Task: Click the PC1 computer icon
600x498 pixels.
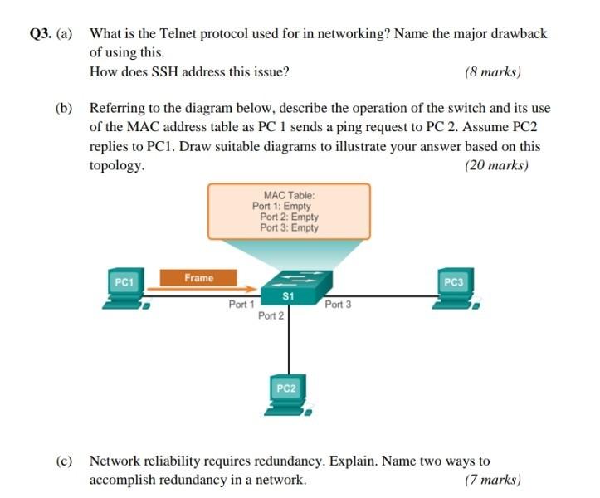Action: pyautogui.click(x=125, y=289)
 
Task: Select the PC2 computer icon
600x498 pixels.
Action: pyautogui.click(x=286, y=394)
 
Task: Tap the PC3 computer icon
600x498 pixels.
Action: pyautogui.click(x=453, y=289)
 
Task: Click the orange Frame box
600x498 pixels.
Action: pyautogui.click(x=198, y=278)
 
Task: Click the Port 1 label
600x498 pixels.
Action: pyautogui.click(x=241, y=305)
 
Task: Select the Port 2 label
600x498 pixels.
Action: pyautogui.click(x=271, y=316)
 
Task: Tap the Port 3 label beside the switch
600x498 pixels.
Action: pyautogui.click(x=338, y=305)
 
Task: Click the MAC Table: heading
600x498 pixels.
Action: pyautogui.click(x=288, y=195)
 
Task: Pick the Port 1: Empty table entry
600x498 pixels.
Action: pyautogui.click(x=281, y=206)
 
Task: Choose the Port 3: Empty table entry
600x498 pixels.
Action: pyautogui.click(x=289, y=227)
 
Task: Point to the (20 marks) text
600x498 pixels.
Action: pyautogui.click(x=497, y=165)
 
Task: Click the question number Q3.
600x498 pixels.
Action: pyautogui.click(x=40, y=34)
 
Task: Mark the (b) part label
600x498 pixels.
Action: pyautogui.click(x=64, y=109)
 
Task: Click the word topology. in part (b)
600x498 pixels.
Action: pyautogui.click(x=117, y=165)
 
